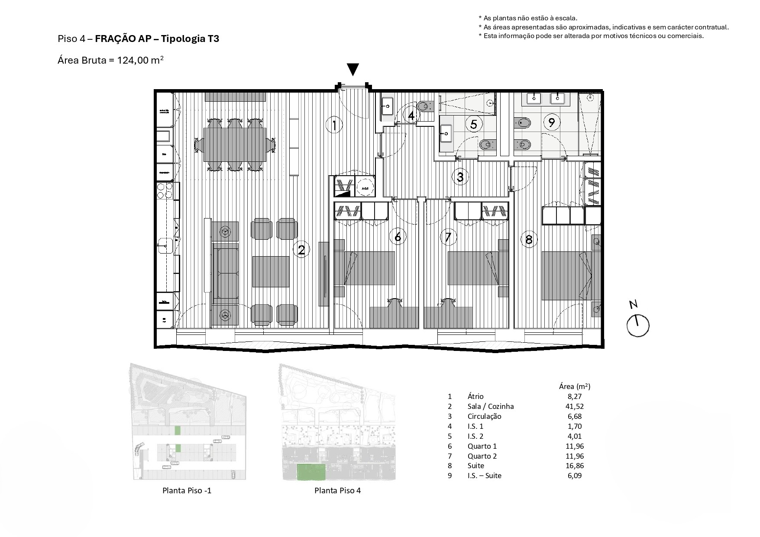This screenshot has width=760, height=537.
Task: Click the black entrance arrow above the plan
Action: pyautogui.click(x=353, y=69)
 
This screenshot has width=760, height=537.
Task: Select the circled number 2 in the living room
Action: pyautogui.click(x=301, y=250)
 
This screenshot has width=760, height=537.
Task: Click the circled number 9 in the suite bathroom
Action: pyautogui.click(x=551, y=122)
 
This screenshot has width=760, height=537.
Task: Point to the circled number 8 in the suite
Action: pyautogui.click(x=528, y=239)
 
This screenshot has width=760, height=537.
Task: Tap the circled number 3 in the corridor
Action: pyautogui.click(x=460, y=177)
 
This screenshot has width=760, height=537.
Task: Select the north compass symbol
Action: pyautogui.click(x=638, y=325)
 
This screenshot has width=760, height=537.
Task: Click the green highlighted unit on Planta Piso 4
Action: pyautogui.click(x=311, y=472)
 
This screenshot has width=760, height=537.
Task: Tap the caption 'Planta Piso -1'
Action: pyautogui.click(x=187, y=490)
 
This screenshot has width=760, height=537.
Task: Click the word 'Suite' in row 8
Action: pyautogui.click(x=476, y=466)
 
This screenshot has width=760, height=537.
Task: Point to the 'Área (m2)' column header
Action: pyautogui.click(x=575, y=386)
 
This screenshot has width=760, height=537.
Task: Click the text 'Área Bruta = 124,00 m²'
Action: pyautogui.click(x=110, y=60)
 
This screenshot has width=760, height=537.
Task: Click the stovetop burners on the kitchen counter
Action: pyautogui.click(x=164, y=191)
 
